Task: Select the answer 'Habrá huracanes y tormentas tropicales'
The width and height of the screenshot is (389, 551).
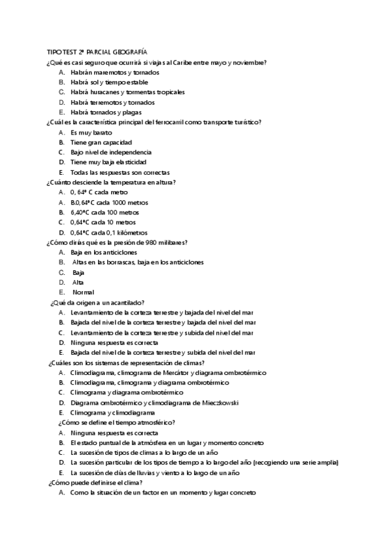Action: pyautogui.click(x=128, y=92)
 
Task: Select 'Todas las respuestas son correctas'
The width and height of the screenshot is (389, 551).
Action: pyautogui.click(x=120, y=172)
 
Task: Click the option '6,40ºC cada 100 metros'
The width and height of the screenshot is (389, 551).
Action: pyautogui.click(x=105, y=212)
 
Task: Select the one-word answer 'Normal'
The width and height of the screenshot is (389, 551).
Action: pyautogui.click(x=83, y=292)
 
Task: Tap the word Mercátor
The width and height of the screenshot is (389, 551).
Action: pyautogui.click(x=184, y=372)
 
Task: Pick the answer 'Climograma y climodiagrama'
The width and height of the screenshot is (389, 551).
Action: pyautogui.click(x=112, y=413)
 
